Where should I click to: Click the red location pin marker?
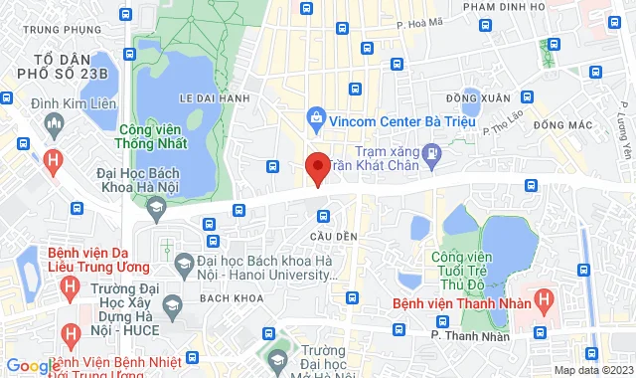[x=317, y=168]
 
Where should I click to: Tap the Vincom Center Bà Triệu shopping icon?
[x=317, y=117]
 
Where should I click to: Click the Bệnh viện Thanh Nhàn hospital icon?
[x=545, y=297]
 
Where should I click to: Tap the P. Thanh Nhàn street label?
[x=470, y=336]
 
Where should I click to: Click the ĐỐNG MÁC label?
[x=561, y=124]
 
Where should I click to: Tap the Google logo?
[x=32, y=365]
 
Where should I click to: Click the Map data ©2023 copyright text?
[x=591, y=370]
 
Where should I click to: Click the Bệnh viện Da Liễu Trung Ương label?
[x=97, y=259]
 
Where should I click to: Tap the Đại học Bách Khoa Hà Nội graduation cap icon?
[x=155, y=206]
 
